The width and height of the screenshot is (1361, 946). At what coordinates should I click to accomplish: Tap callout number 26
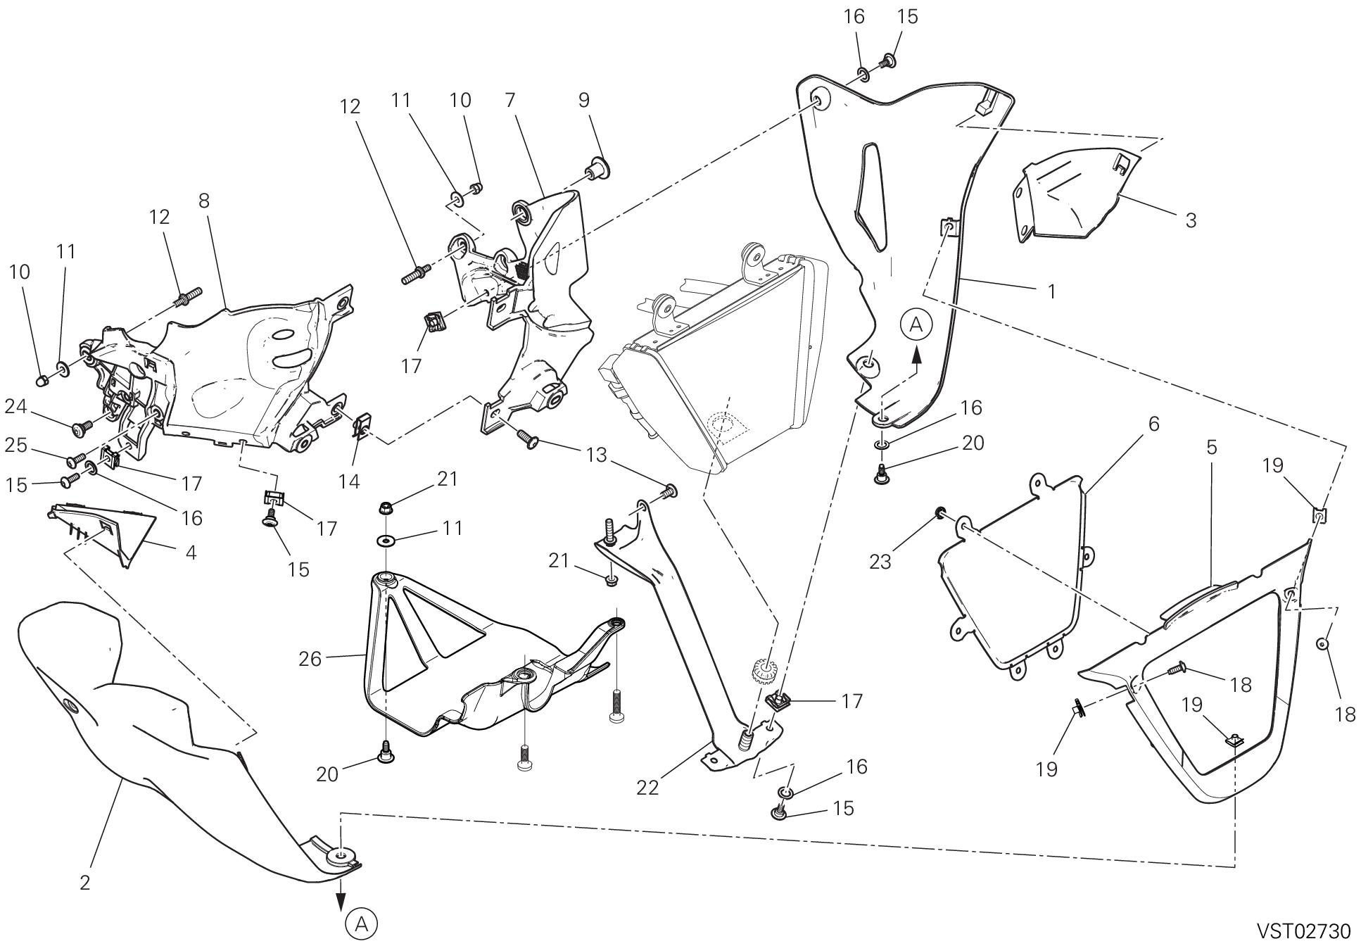[310, 659]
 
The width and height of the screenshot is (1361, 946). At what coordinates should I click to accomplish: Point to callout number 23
[880, 561]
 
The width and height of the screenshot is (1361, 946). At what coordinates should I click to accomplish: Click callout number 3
[1190, 220]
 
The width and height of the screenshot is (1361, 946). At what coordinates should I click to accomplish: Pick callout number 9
[583, 100]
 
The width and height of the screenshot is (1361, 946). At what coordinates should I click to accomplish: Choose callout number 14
[349, 481]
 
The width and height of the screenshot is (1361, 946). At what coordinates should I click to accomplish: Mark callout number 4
[191, 553]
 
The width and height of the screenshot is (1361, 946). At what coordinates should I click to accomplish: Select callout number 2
[84, 883]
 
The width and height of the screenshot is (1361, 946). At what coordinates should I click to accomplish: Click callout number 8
[203, 201]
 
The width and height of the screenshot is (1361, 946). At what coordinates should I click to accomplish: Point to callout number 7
[510, 100]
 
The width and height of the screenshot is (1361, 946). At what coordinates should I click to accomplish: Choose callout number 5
[1211, 448]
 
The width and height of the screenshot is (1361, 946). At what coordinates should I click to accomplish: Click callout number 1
[1051, 291]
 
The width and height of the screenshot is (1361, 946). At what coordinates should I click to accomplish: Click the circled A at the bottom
[362, 923]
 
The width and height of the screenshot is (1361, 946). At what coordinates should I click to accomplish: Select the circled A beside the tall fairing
[916, 324]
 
